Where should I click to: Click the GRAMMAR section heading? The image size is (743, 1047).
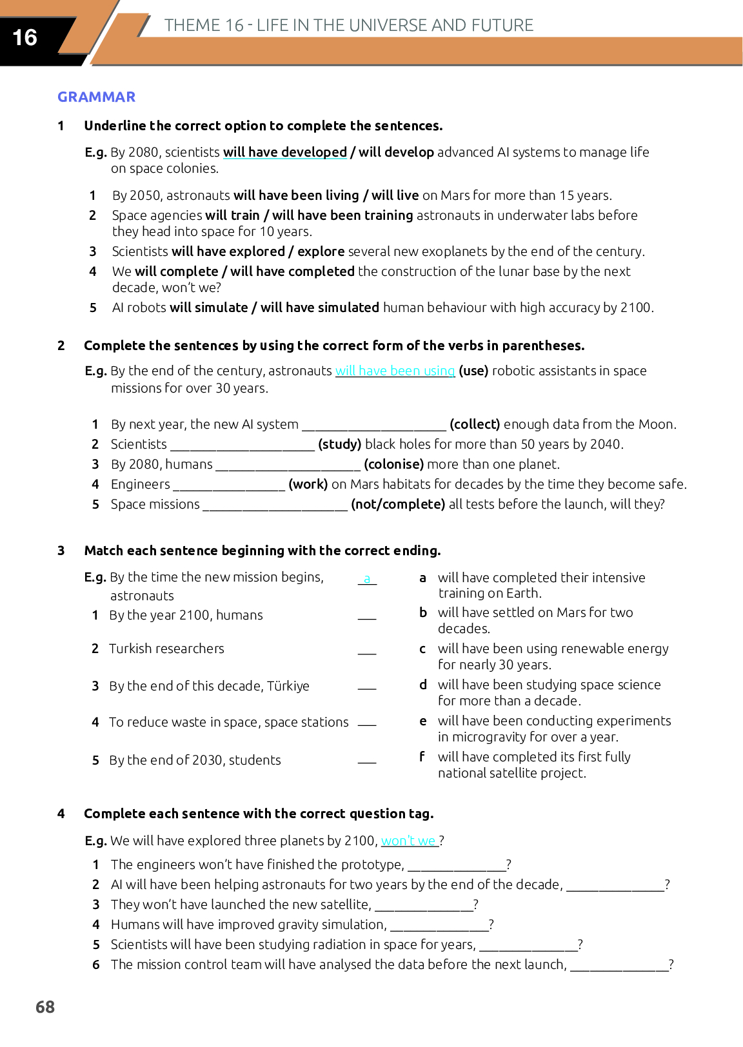[x=96, y=97]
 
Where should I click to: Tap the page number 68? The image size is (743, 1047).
[x=45, y=1006]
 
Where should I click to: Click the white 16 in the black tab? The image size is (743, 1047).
[x=25, y=37]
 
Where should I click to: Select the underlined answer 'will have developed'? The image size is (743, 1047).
[x=284, y=152]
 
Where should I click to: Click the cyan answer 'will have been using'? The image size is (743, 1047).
[x=395, y=371]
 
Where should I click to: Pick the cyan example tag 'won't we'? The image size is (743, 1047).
[x=409, y=841]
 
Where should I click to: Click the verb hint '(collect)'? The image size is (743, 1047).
[x=475, y=424]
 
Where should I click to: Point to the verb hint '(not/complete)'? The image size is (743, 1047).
[x=398, y=504]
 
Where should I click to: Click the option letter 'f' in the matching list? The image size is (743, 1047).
[x=422, y=756]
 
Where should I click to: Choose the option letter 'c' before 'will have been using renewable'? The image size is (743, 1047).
[x=422, y=649]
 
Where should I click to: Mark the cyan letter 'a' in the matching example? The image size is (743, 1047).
[x=367, y=578]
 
